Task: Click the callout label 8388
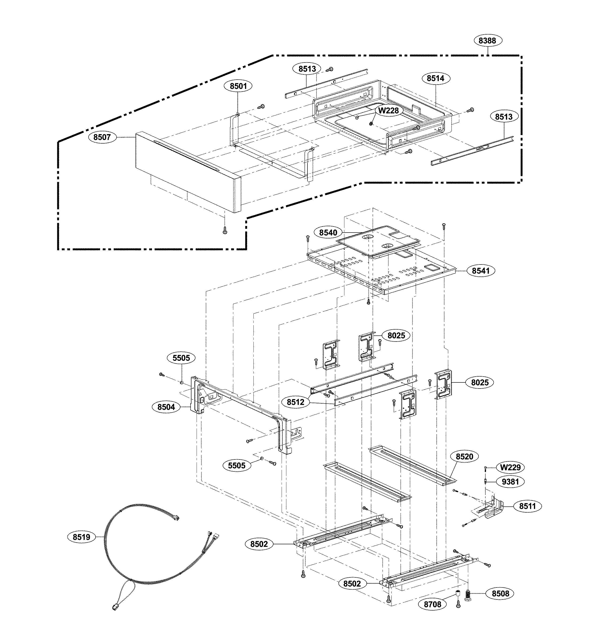(x=487, y=41)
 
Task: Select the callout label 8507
(x=102, y=137)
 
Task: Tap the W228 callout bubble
(x=388, y=110)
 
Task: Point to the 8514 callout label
(x=436, y=78)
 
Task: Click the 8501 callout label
(x=238, y=86)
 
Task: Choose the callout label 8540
(x=328, y=233)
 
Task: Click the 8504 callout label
(x=166, y=407)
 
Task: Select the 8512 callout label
(x=296, y=402)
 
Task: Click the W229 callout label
(x=511, y=467)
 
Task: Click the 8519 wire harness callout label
(x=82, y=537)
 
